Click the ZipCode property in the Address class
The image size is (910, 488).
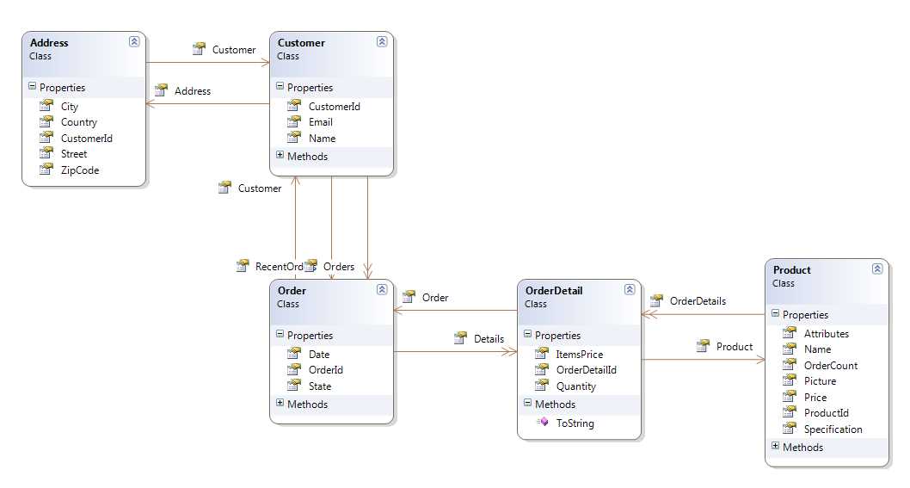[79, 170]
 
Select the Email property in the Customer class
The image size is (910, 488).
[320, 122]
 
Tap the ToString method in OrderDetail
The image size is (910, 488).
[575, 423]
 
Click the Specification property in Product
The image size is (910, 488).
[833, 429]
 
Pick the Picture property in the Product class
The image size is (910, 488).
[820, 381]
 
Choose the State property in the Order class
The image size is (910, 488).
[319, 386]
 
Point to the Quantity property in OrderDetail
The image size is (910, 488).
[575, 386]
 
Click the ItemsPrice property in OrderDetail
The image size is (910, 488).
[579, 355]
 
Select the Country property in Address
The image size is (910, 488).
[78, 122]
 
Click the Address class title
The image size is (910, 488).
[49, 43]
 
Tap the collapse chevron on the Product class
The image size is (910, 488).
[876, 269]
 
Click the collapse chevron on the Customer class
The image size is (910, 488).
[381, 41]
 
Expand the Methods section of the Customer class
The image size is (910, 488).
[280, 156]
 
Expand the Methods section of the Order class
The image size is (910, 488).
[280, 404]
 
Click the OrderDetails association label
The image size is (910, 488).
[697, 301]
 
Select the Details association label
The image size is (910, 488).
[489, 339]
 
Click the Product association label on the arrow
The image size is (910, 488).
[734, 347]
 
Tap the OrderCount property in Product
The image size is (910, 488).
[830, 366]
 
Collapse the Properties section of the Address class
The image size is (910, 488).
[33, 87]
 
